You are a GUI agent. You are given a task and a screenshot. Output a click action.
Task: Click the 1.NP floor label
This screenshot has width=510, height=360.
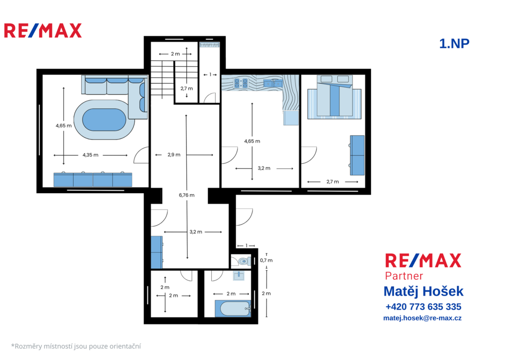[454, 44]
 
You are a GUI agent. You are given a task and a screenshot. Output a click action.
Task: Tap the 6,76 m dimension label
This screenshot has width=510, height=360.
[187, 195]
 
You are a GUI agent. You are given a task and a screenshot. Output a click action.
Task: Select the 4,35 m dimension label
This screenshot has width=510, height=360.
[91, 155]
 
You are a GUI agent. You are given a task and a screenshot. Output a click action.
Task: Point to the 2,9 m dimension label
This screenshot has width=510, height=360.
[174, 155]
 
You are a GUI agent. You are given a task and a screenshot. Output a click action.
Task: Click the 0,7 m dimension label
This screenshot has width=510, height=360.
[266, 260]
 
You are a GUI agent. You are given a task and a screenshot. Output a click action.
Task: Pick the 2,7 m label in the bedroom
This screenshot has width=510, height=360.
[333, 182]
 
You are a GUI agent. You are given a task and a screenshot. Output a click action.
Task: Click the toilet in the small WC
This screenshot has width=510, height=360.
[243, 261]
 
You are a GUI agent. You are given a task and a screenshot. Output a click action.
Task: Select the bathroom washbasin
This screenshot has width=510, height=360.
[239, 276]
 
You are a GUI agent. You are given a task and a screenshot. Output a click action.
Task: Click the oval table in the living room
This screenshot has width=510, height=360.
[104, 120]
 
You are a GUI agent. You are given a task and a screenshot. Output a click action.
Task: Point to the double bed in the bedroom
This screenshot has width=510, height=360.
[335, 96]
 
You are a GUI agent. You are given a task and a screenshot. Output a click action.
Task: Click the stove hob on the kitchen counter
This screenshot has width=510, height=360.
[241, 83]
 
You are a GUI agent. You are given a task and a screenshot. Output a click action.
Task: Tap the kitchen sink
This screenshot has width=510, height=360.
[273, 84]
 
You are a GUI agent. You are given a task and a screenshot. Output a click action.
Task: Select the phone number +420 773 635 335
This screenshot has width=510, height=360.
[423, 307]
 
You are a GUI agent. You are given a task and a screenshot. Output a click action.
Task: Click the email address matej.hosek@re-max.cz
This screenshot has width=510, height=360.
[422, 318]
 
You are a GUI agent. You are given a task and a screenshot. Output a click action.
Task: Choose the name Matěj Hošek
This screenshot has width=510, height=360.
[423, 291]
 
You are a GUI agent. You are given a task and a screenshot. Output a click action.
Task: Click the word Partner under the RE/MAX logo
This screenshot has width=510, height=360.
[403, 276]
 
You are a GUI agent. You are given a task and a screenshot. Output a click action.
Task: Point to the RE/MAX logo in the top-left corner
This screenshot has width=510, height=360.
[43, 30]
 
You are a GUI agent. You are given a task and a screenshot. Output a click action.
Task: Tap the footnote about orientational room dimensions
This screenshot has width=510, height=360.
[76, 347]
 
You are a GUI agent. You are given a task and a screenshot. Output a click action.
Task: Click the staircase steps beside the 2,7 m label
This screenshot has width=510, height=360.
[163, 79]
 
